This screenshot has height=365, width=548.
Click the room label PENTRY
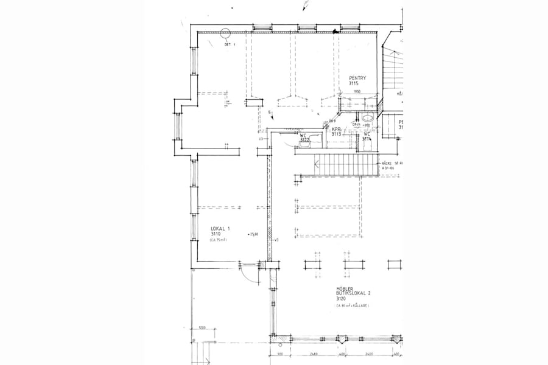(357, 78)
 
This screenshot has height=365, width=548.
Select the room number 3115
(354, 84)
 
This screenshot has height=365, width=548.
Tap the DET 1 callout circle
(225, 35)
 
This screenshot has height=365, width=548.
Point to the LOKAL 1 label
(220, 228)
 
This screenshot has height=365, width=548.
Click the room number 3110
(216, 234)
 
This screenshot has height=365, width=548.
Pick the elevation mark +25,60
(253, 234)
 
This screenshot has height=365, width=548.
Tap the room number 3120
(341, 299)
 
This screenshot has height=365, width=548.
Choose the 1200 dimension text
(202, 328)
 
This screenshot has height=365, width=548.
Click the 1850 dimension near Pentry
(357, 92)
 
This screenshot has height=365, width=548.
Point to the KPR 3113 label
(336, 131)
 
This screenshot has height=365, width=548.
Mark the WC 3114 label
(367, 136)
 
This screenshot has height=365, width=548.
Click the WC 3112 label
(304, 137)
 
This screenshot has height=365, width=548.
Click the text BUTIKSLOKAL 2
(353, 293)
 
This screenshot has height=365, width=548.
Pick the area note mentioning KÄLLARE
(352, 306)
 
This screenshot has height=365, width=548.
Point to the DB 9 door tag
(332, 120)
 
